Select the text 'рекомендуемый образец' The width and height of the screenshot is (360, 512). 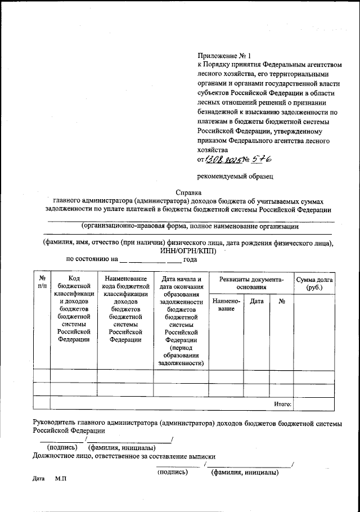235,176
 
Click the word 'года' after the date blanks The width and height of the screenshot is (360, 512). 191,259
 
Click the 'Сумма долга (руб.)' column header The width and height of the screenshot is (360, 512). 314,283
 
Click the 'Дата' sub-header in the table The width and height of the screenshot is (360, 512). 256,302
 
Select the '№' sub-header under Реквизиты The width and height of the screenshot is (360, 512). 281,302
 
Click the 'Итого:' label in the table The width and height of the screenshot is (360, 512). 282,403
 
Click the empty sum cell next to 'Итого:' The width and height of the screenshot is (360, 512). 314,403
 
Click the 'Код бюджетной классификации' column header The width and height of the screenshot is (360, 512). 74,308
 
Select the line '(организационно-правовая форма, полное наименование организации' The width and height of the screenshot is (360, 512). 189,227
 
